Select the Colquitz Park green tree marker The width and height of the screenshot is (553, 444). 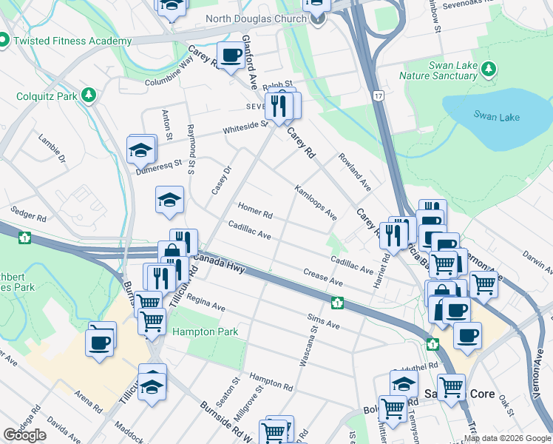(89, 95)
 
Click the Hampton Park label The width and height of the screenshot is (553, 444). (206, 332)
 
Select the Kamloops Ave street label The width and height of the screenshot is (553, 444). (316, 203)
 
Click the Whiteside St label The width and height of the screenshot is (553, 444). (245, 129)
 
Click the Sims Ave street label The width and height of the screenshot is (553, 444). (323, 320)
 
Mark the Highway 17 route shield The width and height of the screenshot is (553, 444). (379, 96)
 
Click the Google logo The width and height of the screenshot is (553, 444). (25, 435)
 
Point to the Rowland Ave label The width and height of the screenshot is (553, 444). (355, 172)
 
